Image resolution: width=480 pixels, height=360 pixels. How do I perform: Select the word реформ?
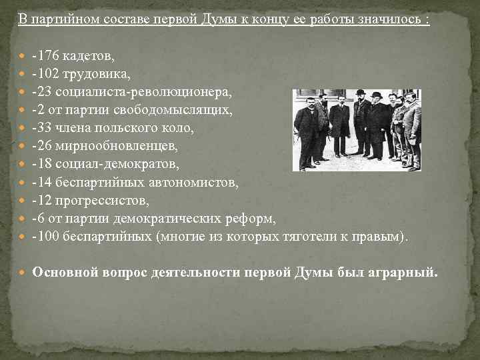tap(254, 218)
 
